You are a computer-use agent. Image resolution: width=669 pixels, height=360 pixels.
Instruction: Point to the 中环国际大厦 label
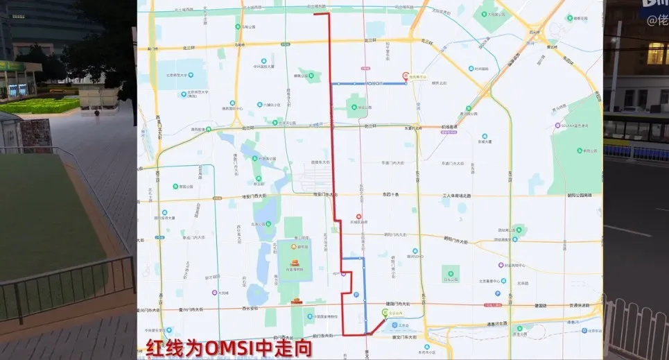pos(263,67)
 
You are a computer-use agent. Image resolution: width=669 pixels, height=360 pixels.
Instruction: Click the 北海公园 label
pos(259,224)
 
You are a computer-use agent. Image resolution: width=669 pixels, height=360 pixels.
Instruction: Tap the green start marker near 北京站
pos(385,314)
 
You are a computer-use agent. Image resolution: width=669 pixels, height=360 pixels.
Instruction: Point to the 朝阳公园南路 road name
pos(577,196)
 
